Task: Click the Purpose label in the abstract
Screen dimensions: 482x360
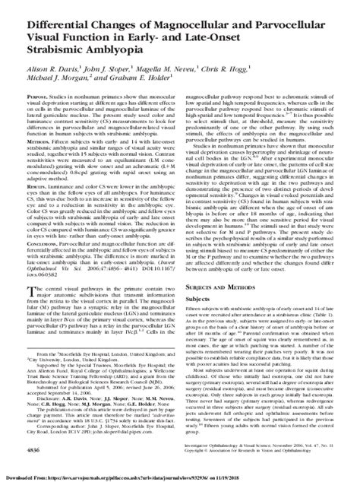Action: [40, 97]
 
